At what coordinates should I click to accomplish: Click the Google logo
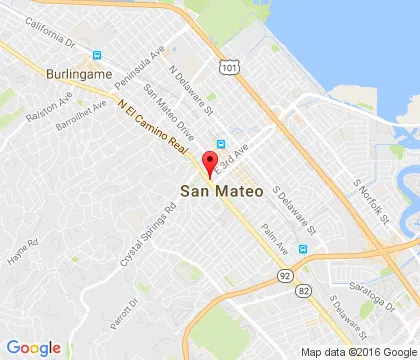34,347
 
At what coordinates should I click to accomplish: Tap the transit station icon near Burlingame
97,56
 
